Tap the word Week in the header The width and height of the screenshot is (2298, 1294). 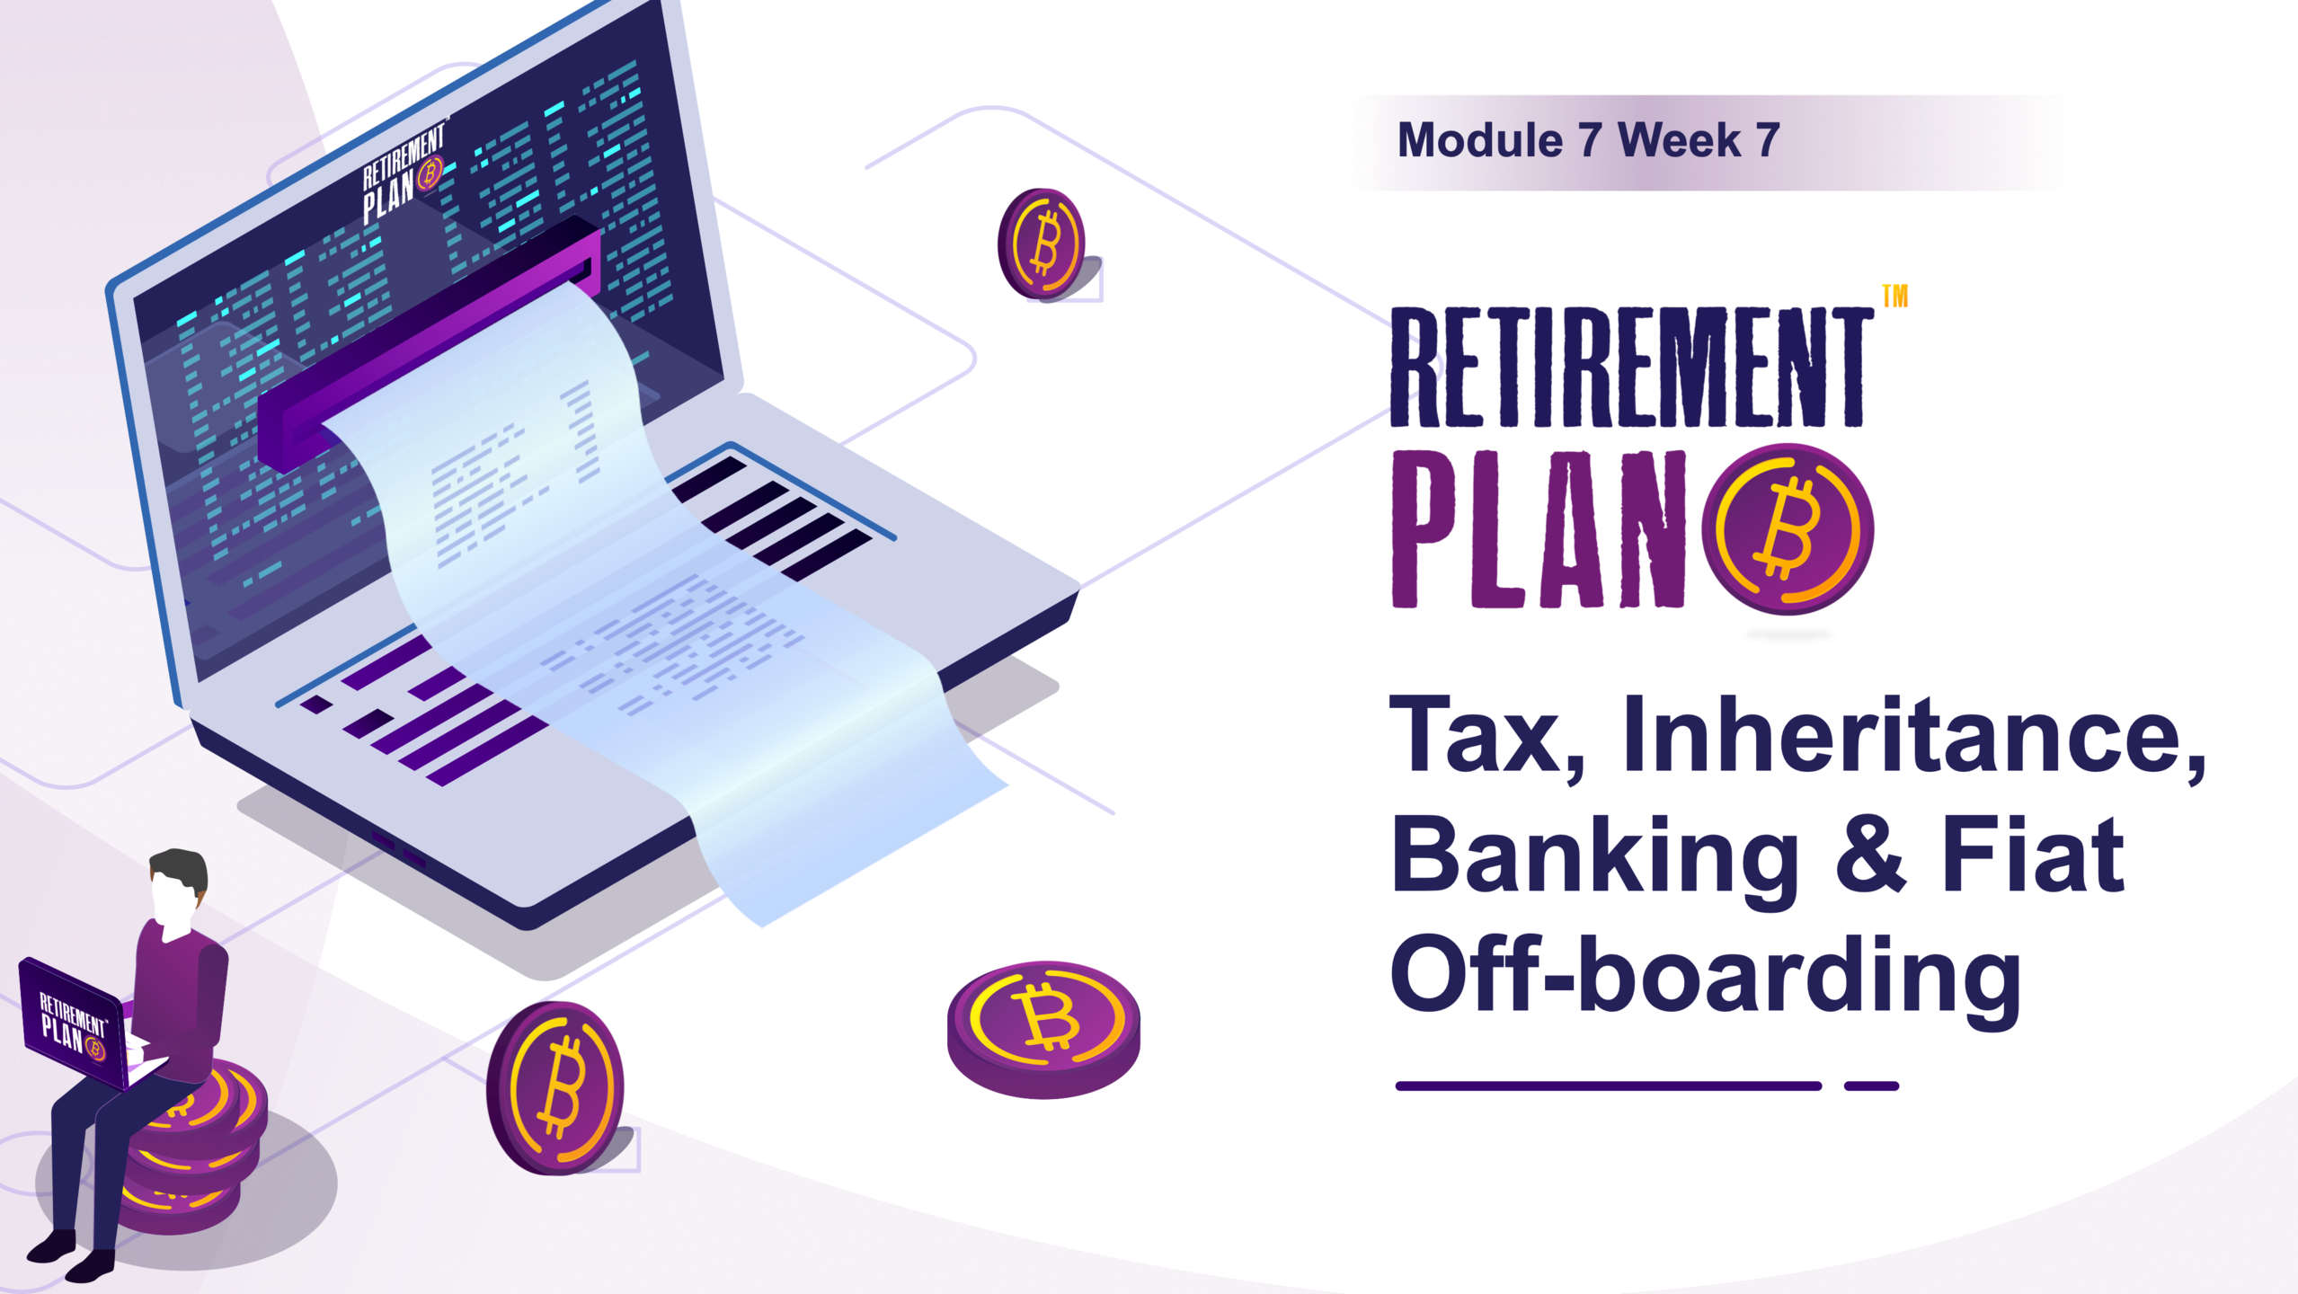coord(1679,141)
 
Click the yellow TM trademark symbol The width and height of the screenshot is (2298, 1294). coord(1894,296)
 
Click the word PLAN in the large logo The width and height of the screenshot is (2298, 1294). coord(1539,529)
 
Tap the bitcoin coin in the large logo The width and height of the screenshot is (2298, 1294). coord(1788,529)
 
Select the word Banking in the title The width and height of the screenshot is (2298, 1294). coord(1594,858)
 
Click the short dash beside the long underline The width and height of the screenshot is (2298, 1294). coord(1871,1086)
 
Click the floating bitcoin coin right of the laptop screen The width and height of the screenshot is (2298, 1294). coord(1042,244)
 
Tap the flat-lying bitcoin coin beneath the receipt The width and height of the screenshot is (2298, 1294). coord(1043,1029)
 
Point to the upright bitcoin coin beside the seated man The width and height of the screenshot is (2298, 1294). coord(555,1088)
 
